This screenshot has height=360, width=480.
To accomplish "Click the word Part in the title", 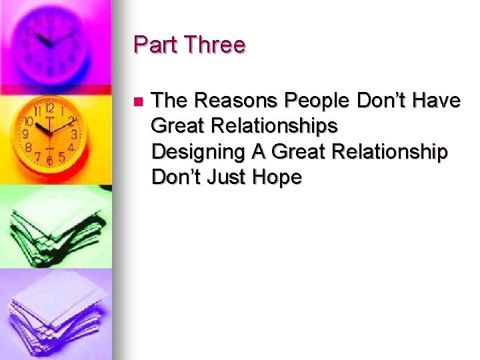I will [155, 45].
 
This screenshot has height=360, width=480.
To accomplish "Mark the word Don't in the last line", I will [175, 177].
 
